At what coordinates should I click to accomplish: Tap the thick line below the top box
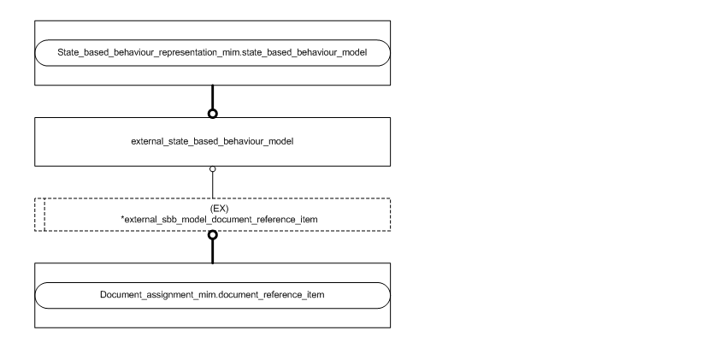[x=212, y=97]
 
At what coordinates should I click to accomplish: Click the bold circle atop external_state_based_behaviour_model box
[x=212, y=114]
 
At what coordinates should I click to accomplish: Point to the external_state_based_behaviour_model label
[x=212, y=142]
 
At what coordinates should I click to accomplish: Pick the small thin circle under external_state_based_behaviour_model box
[x=212, y=169]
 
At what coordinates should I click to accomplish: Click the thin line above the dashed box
[x=212, y=185]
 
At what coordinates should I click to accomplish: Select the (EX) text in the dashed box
[x=212, y=208]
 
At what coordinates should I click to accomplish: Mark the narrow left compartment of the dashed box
[x=39, y=214]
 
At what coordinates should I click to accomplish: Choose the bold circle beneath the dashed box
[x=212, y=235]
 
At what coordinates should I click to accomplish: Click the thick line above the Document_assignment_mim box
[x=212, y=252]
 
